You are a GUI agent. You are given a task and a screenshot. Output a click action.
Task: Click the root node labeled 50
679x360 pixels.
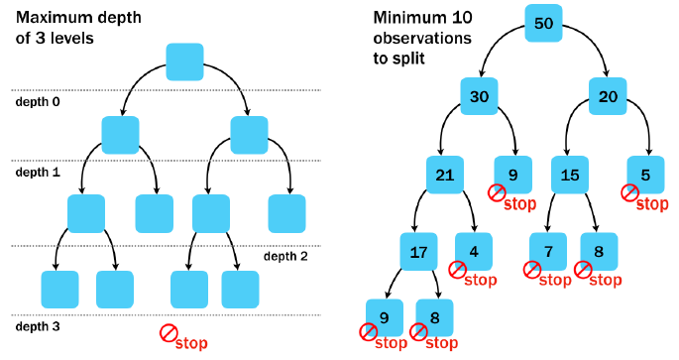tap(543, 24)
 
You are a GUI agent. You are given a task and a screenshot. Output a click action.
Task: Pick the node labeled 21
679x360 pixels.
tap(446, 175)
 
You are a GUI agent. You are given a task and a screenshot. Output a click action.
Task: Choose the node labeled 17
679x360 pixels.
tap(419, 252)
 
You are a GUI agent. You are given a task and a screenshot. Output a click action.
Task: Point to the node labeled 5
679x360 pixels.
tap(646, 175)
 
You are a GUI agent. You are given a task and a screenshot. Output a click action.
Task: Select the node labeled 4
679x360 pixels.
tap(474, 252)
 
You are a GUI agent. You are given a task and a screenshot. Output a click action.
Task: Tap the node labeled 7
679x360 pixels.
tap(547, 252)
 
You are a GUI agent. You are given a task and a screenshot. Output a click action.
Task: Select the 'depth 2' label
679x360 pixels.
tap(286, 256)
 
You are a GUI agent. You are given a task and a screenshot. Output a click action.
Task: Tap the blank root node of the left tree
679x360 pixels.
tap(184, 61)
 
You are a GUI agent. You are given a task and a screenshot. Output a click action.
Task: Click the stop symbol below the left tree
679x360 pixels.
tap(170, 334)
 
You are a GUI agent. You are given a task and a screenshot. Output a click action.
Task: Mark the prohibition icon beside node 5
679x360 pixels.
tap(628, 193)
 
